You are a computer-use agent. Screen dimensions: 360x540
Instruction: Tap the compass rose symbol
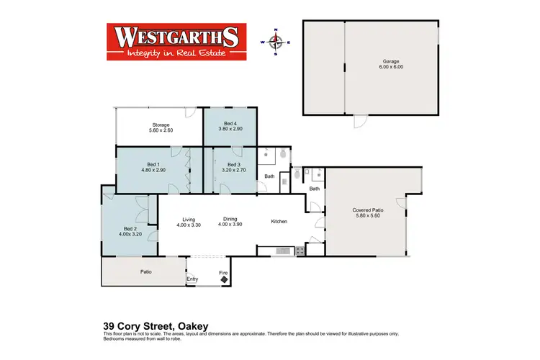277,42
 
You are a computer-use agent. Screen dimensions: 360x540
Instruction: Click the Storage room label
160,124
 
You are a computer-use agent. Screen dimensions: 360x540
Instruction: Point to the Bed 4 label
229,124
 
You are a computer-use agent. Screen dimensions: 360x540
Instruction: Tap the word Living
189,220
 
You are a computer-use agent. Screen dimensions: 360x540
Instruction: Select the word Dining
230,220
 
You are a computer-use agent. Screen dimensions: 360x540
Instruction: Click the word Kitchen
279,221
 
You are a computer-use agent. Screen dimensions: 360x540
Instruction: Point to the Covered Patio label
369,210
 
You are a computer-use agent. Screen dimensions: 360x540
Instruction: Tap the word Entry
192,279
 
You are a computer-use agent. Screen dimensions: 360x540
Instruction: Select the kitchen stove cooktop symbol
297,250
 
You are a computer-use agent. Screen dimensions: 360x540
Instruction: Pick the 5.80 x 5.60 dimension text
369,216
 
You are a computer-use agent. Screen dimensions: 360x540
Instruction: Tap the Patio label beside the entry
145,272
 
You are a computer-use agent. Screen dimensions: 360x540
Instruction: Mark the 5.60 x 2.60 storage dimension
160,130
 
